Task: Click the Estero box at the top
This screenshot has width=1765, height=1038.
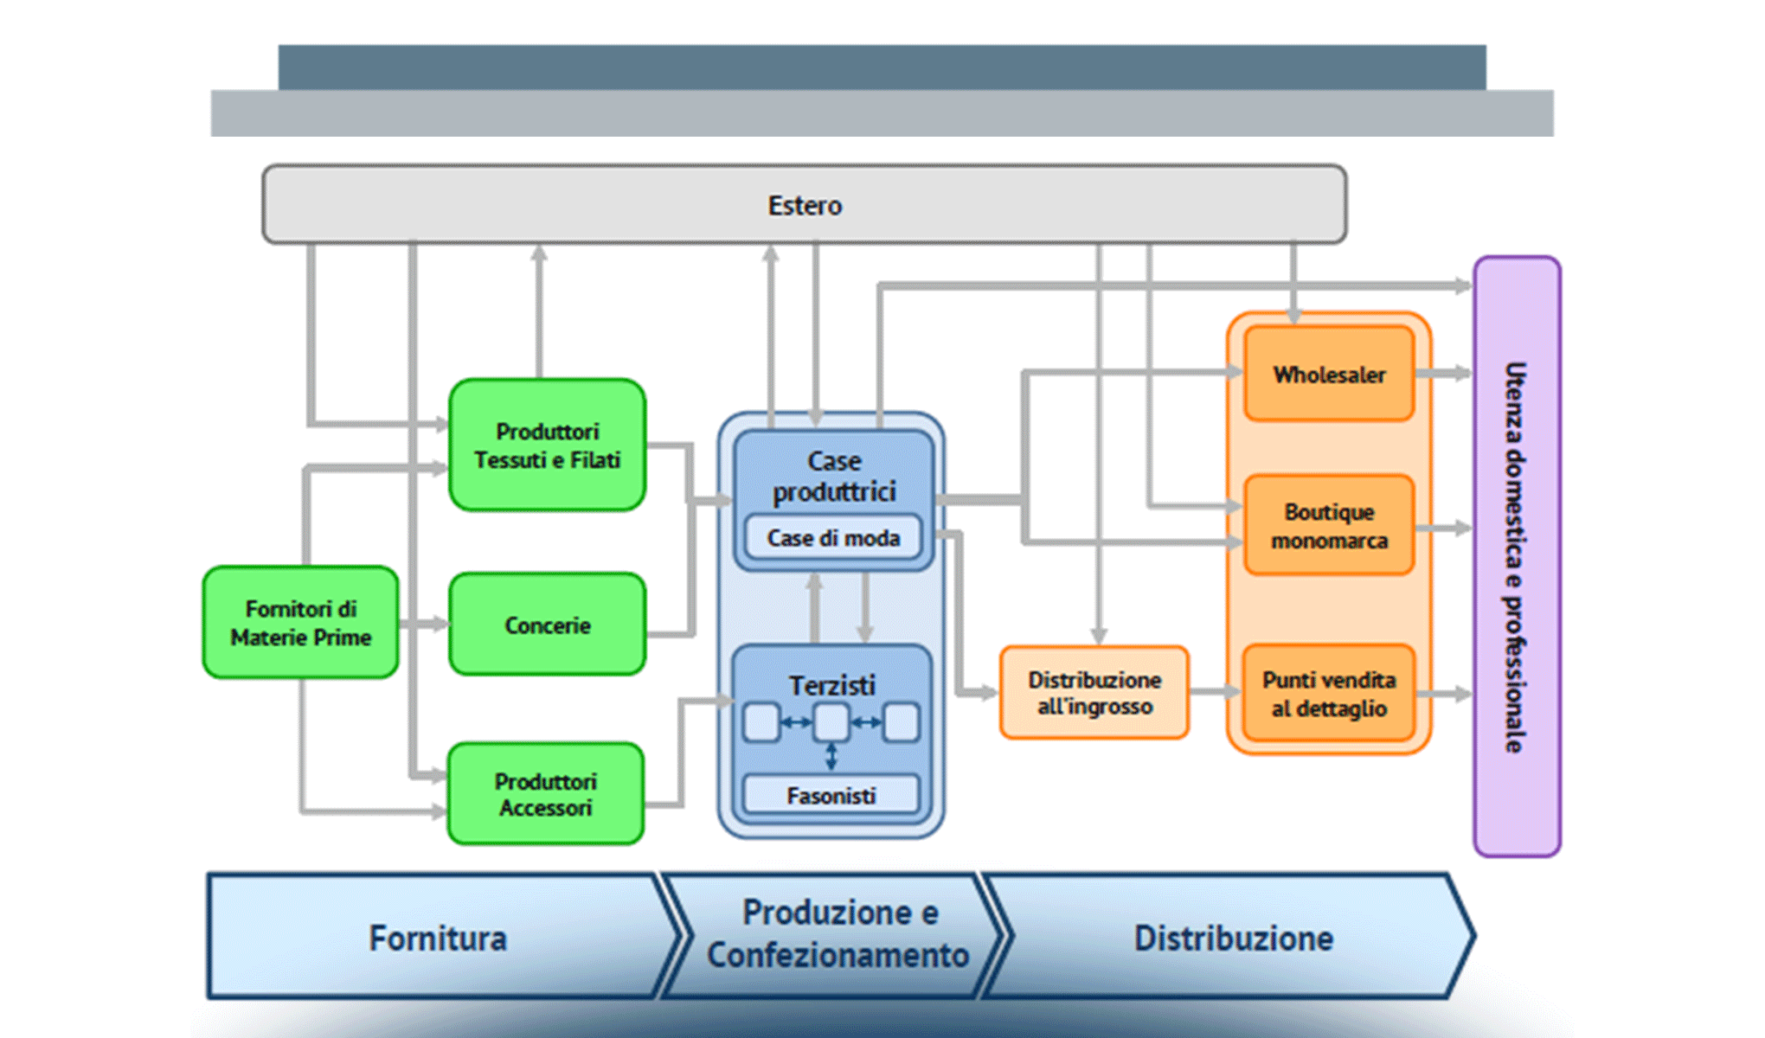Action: coord(805,205)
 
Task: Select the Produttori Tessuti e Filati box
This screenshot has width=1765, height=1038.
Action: coord(547,445)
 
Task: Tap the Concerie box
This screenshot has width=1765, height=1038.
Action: coord(547,625)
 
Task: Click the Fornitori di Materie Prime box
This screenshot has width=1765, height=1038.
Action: coord(300,623)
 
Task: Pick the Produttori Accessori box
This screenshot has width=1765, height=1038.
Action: coord(545,794)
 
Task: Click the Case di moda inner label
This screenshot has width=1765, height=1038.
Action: coord(833,538)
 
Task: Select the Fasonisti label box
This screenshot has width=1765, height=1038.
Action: coord(831,795)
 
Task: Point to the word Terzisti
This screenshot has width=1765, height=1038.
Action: coord(831,685)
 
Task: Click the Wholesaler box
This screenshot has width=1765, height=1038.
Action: coord(1329,375)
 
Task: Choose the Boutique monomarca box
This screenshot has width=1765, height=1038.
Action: coord(1329,525)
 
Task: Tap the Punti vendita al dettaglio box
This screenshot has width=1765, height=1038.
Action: coord(1329,694)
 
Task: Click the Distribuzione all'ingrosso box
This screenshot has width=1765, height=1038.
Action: coord(1094,693)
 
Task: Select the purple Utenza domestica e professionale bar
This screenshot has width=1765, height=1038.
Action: coord(1517,556)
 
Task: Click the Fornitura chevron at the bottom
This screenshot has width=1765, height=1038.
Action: coord(438,938)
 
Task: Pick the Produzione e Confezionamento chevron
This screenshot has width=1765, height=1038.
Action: coord(837,934)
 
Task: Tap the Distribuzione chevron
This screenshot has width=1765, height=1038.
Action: coord(1233,938)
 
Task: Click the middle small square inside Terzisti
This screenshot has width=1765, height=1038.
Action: coord(831,722)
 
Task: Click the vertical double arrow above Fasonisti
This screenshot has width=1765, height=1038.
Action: coord(831,757)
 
